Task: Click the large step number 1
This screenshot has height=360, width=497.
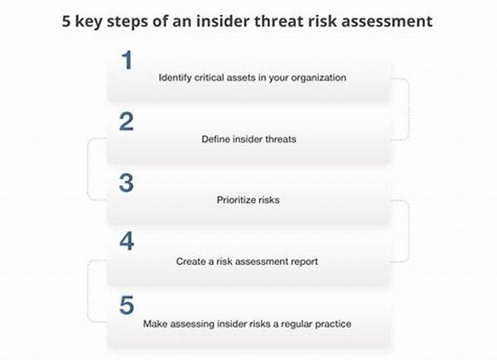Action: point(127,60)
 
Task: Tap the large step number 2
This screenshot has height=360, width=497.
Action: point(127,122)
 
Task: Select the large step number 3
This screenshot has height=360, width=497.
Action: point(127,183)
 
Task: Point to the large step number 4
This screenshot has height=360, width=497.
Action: point(127,241)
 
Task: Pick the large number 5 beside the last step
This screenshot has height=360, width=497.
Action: point(127,305)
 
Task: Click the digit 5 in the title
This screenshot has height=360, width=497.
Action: point(66,22)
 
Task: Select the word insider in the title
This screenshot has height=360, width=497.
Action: point(223,22)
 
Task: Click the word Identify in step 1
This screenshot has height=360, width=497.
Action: point(175,78)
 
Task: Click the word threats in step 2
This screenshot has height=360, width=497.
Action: point(281,139)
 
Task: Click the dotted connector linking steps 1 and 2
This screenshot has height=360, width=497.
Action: point(409,108)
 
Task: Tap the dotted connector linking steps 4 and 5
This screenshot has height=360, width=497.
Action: point(88,291)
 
